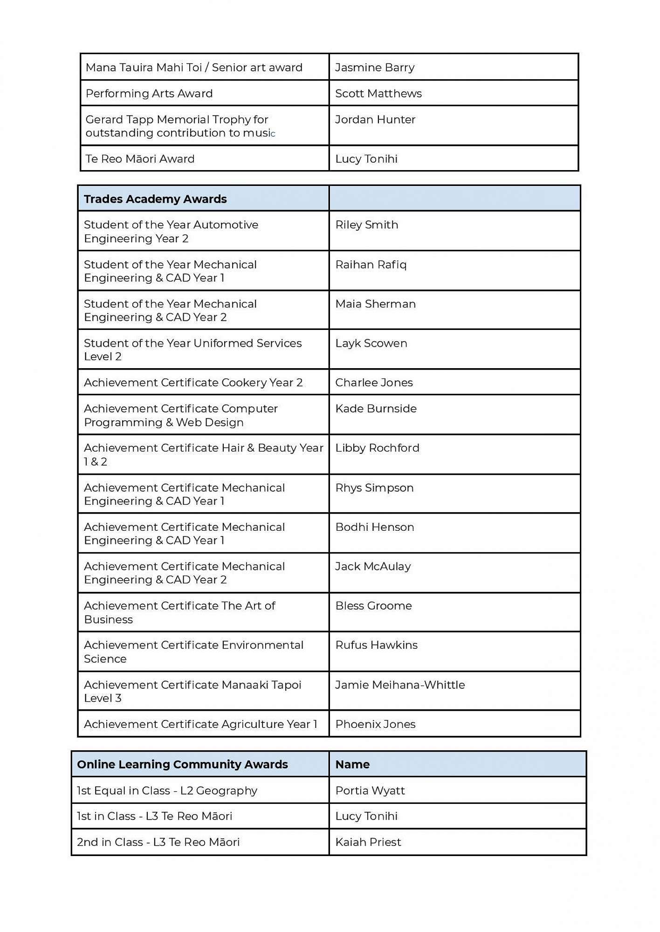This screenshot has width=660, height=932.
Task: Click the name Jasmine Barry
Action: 375,68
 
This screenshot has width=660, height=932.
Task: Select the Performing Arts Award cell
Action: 149,94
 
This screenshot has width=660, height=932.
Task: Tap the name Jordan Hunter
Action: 375,120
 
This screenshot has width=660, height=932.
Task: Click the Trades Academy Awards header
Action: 155,199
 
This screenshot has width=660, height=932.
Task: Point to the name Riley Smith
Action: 367,225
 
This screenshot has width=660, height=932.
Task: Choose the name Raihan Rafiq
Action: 371,265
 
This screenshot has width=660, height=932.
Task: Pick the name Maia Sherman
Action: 376,304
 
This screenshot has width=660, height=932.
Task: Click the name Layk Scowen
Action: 371,343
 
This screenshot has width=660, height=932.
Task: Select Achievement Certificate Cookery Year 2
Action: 193,383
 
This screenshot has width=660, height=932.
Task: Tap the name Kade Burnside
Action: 376,409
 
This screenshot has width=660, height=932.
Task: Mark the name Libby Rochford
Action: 378,448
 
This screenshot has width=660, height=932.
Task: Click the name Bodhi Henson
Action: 375,527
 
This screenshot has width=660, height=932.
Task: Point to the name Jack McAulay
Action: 373,567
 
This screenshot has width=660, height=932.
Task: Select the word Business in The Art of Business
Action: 109,620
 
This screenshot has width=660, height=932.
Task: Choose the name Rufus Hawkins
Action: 377,645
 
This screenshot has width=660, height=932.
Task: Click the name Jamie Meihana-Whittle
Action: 400,685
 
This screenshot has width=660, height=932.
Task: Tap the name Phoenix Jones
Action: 376,724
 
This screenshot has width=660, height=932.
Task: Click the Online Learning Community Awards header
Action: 182,765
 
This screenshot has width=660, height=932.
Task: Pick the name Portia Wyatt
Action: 371,791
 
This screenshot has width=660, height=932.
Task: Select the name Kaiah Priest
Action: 368,842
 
